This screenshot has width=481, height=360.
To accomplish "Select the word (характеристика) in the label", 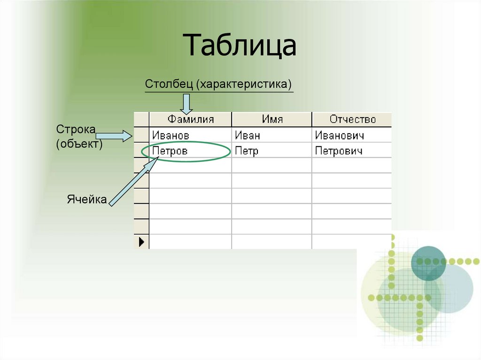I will [x=245, y=84].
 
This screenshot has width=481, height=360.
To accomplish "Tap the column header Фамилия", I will [x=191, y=119].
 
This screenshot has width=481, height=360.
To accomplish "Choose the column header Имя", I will [x=272, y=119].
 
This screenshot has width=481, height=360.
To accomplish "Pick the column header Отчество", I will [x=352, y=119].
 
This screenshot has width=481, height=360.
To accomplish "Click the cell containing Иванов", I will [x=171, y=136].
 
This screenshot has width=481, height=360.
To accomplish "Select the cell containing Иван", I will [x=248, y=136].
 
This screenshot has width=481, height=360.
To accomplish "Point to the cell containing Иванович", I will [x=339, y=136].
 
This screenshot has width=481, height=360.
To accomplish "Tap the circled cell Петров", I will [x=170, y=151].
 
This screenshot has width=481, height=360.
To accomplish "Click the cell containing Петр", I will [x=247, y=151].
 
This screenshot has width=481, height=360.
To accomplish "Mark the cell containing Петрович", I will [x=339, y=151].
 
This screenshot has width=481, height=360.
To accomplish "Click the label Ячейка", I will [x=86, y=199].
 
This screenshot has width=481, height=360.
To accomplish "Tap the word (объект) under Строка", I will [x=79, y=144].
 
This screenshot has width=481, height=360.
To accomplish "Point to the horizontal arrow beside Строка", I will [x=115, y=136].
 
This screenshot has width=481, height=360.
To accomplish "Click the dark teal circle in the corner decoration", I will [x=428, y=263].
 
